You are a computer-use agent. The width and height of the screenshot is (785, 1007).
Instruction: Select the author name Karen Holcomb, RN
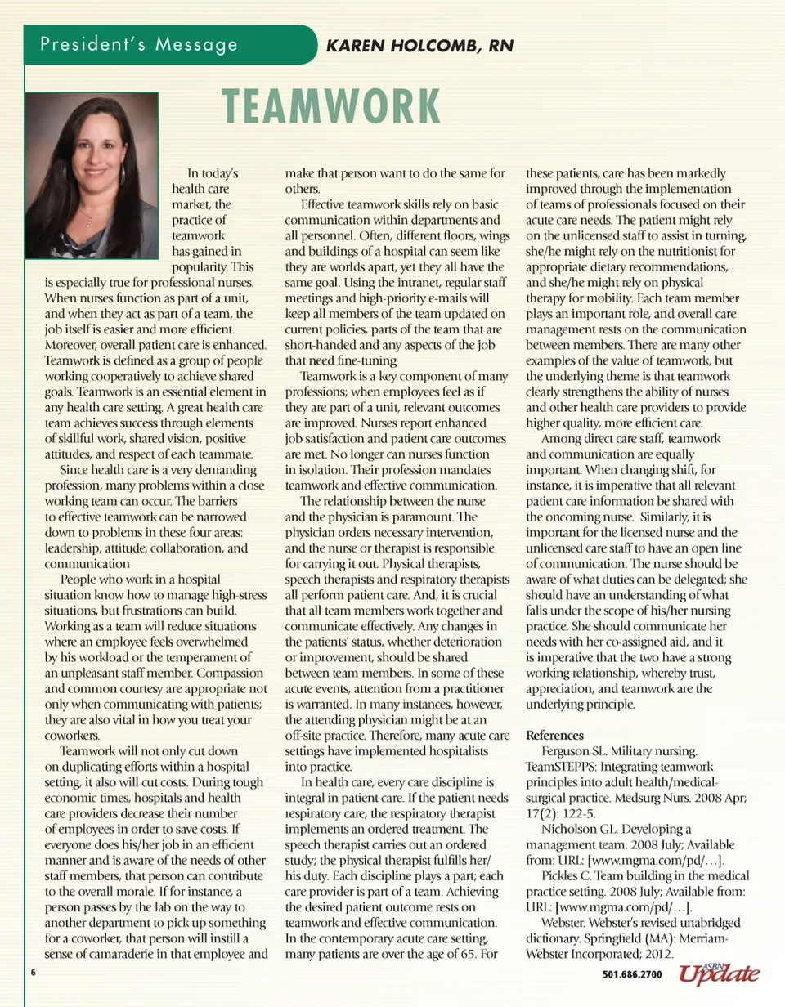click(419, 46)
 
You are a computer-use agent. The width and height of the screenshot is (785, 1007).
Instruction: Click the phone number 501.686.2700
click(630, 975)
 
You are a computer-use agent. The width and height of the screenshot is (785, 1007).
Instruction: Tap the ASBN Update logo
click(719, 973)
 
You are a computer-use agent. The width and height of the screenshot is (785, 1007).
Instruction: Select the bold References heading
click(554, 735)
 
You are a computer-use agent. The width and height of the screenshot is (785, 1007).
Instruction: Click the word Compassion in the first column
click(231, 673)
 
